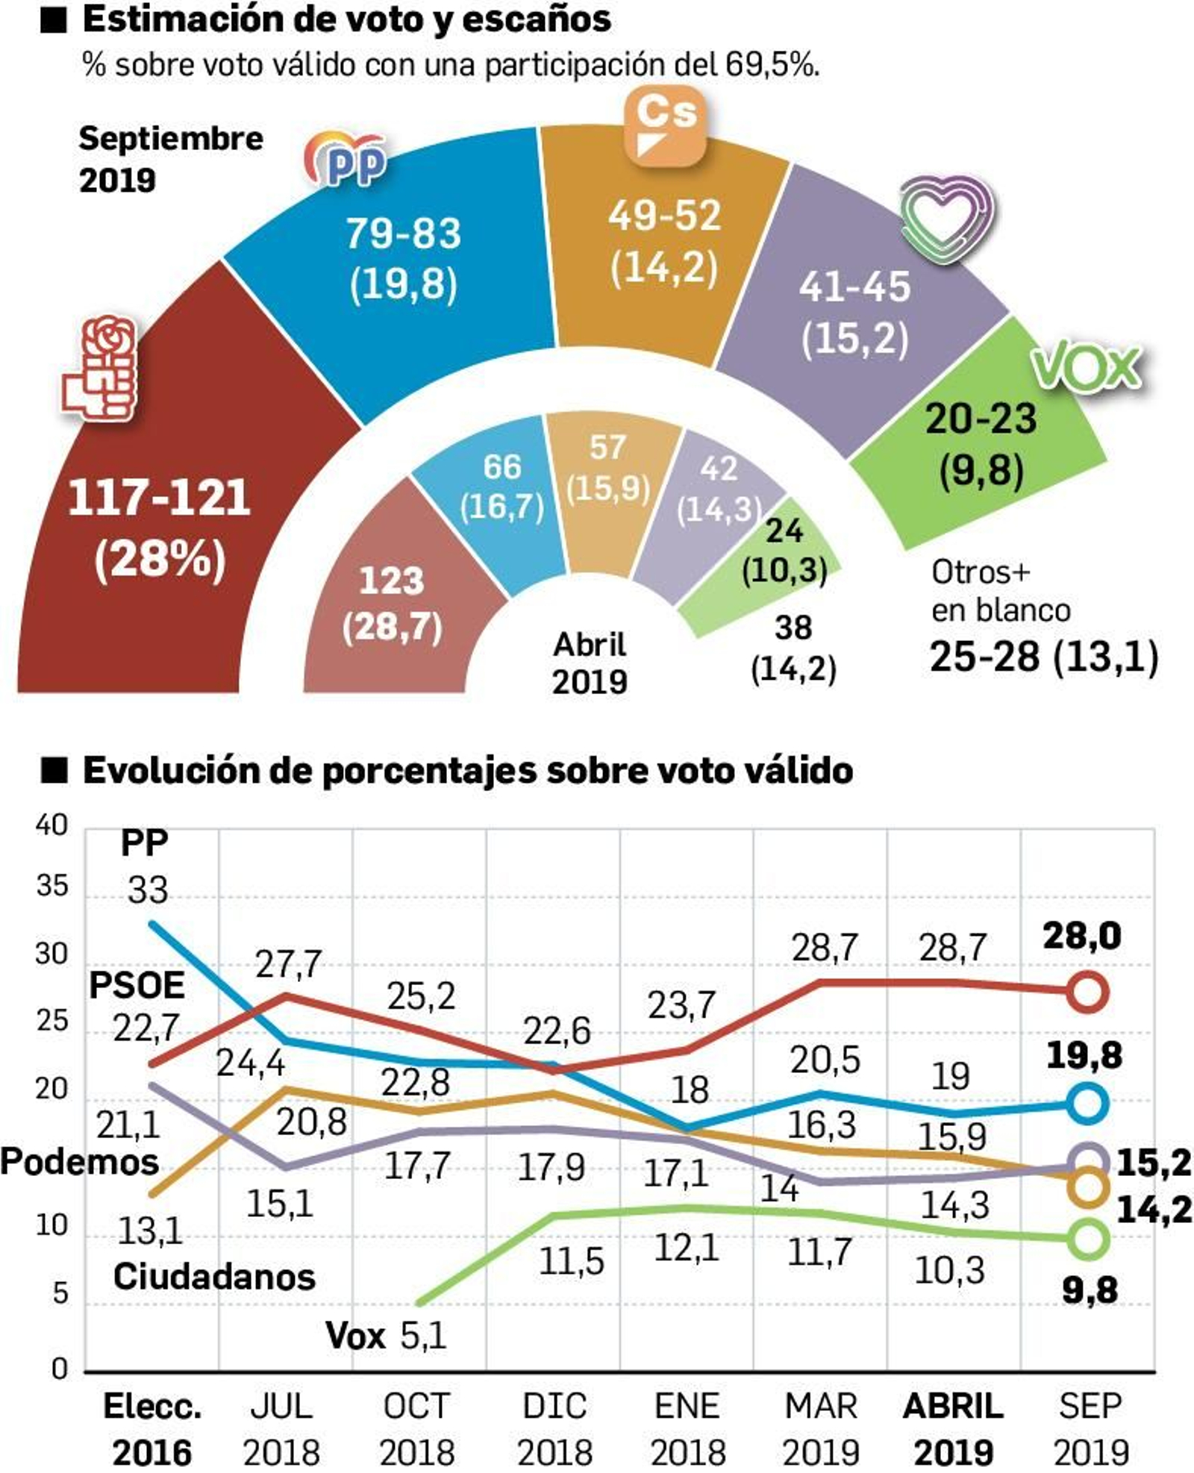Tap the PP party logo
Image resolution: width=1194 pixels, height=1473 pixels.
click(347, 159)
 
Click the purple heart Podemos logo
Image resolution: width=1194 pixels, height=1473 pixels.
click(946, 218)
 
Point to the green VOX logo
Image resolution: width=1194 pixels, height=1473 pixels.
click(1086, 366)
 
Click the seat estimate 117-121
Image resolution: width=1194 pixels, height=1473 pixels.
click(159, 498)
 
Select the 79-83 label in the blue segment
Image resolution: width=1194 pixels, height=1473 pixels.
click(403, 234)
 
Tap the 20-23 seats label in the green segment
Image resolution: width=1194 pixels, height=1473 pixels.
click(981, 419)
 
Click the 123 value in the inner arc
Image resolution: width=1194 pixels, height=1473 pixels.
click(391, 581)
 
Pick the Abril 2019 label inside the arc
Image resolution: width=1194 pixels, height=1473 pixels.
click(590, 663)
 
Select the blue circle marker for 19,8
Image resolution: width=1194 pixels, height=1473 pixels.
click(1087, 1103)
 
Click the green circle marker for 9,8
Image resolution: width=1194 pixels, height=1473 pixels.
click(1087, 1239)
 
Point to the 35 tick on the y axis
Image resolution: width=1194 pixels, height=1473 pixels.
click(51, 886)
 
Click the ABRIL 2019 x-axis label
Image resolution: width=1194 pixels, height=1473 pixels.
click(953, 1428)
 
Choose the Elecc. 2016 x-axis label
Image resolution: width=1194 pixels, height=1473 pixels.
click(152, 1428)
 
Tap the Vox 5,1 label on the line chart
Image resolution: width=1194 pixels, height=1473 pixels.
click(386, 1335)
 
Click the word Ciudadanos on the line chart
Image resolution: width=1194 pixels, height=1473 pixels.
click(214, 1277)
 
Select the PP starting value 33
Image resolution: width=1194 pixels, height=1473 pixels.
click(147, 890)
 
